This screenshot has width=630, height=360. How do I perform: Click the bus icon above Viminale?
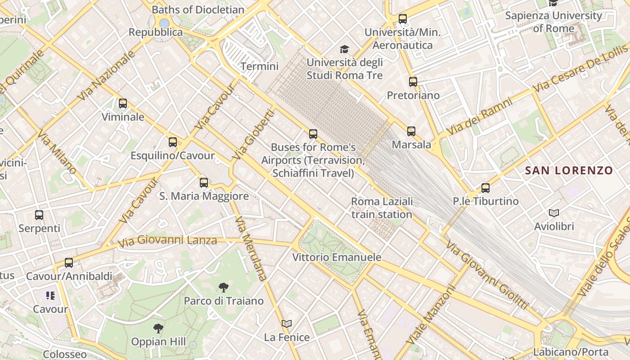click(x=123, y=103)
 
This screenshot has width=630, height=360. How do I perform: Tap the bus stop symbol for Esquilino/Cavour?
click(x=173, y=142)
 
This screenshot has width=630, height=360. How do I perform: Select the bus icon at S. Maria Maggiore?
click(x=204, y=182)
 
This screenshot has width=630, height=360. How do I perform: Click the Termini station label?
click(x=259, y=67)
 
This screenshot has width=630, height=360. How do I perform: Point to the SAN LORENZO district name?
click(x=569, y=171)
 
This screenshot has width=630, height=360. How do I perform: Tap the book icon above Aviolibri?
click(x=554, y=213)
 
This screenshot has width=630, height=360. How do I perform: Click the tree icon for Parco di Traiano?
click(x=223, y=288)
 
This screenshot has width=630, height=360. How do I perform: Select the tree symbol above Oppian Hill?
click(x=158, y=328)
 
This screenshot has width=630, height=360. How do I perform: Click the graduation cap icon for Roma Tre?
click(x=344, y=49)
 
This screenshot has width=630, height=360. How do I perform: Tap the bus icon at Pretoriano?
click(x=413, y=82)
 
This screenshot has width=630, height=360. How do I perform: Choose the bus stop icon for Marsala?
click(x=411, y=131)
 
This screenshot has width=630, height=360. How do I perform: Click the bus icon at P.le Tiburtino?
click(x=486, y=188)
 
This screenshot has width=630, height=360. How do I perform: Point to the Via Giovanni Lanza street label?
click(x=167, y=242)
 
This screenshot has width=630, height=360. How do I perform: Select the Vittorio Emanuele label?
click(x=337, y=257)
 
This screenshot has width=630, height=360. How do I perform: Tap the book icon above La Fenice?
click(x=287, y=324)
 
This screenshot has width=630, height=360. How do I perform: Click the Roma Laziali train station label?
click(x=382, y=208)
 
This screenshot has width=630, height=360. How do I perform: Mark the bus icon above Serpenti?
click(x=39, y=215)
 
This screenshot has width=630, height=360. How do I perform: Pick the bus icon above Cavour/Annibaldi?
click(x=69, y=262)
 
